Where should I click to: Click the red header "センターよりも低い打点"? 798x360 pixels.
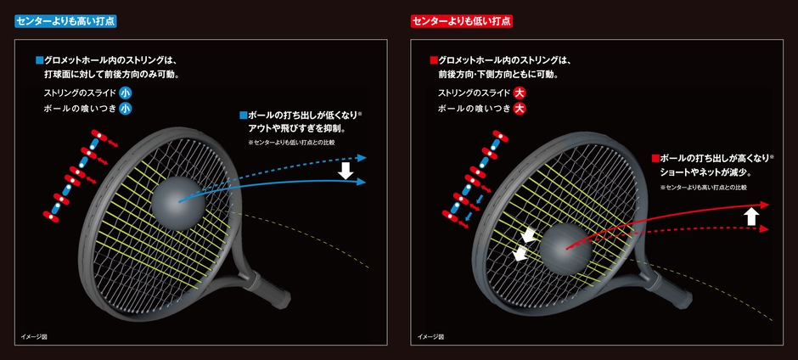tap(462, 20)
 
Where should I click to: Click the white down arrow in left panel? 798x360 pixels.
tap(345, 170)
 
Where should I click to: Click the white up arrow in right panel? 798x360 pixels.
tap(750, 217)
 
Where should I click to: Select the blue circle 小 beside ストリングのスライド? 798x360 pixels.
tap(125, 93)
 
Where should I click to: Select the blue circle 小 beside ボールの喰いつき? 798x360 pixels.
tap(125, 108)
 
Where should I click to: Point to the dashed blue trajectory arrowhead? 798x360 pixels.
tap(362, 157)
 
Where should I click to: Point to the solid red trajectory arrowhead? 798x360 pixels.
tap(763, 205)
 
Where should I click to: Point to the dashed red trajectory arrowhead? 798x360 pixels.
tap(763, 229)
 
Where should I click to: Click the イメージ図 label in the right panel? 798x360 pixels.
tap(430, 337)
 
